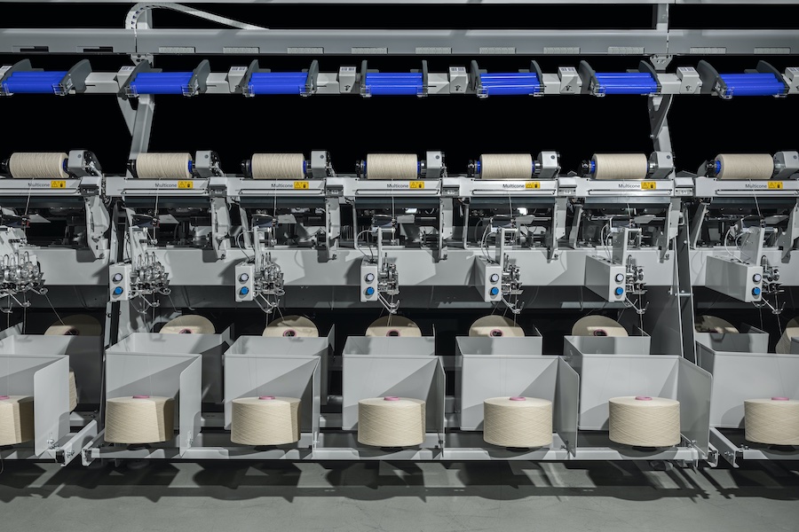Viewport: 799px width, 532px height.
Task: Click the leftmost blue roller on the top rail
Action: coord(35,82)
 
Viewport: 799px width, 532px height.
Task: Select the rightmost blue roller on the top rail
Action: coord(753,84)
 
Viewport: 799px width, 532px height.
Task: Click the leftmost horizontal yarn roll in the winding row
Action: coord(38,165)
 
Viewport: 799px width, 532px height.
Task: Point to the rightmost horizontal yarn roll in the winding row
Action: coord(744,167)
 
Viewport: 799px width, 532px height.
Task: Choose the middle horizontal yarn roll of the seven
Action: coord(392,167)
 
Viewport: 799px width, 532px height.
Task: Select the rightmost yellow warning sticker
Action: coord(775,185)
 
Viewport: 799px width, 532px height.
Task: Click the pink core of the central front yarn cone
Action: coord(391,400)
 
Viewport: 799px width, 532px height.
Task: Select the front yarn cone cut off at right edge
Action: coord(771,420)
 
